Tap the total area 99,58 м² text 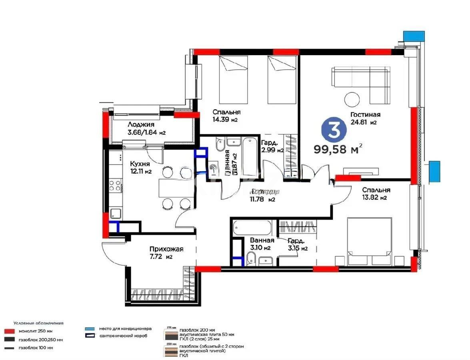[339, 149]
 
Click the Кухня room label [140, 164]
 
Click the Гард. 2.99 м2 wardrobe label [272, 146]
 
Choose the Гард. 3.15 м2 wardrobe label [297, 244]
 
